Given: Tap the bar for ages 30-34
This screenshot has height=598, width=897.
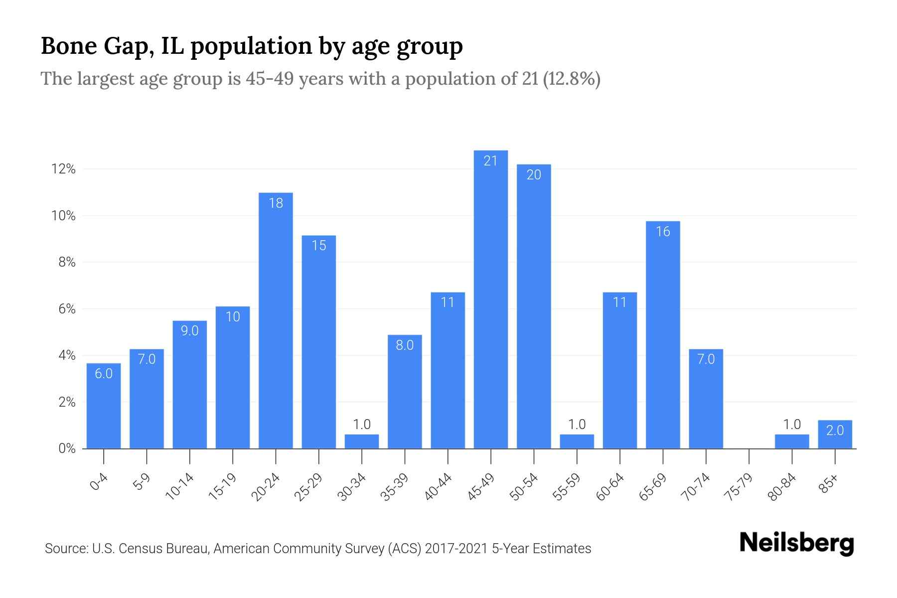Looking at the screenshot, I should pos(362,442).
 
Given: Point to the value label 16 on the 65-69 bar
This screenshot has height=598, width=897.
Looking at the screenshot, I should pos(663,231).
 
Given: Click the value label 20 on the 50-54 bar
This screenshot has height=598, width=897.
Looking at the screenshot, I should pos(534,174).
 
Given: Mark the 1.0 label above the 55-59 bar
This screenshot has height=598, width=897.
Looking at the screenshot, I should pos(577,425).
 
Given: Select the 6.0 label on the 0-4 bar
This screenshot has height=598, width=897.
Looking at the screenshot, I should pos(104,373).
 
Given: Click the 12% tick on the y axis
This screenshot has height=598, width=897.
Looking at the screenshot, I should pos(63,169).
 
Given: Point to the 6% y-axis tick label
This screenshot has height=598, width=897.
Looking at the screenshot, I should pos(67,309).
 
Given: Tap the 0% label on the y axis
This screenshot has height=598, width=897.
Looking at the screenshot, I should pos(67,448).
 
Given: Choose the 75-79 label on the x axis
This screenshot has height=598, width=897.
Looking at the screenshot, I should pos(739,486).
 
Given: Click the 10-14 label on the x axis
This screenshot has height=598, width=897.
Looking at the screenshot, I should pos(180,486).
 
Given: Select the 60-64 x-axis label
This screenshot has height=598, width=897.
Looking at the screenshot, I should pos(610,486).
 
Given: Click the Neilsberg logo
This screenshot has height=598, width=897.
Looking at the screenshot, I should pos(796,543).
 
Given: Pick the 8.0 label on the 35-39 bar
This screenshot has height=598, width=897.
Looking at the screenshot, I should pos(405,345).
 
